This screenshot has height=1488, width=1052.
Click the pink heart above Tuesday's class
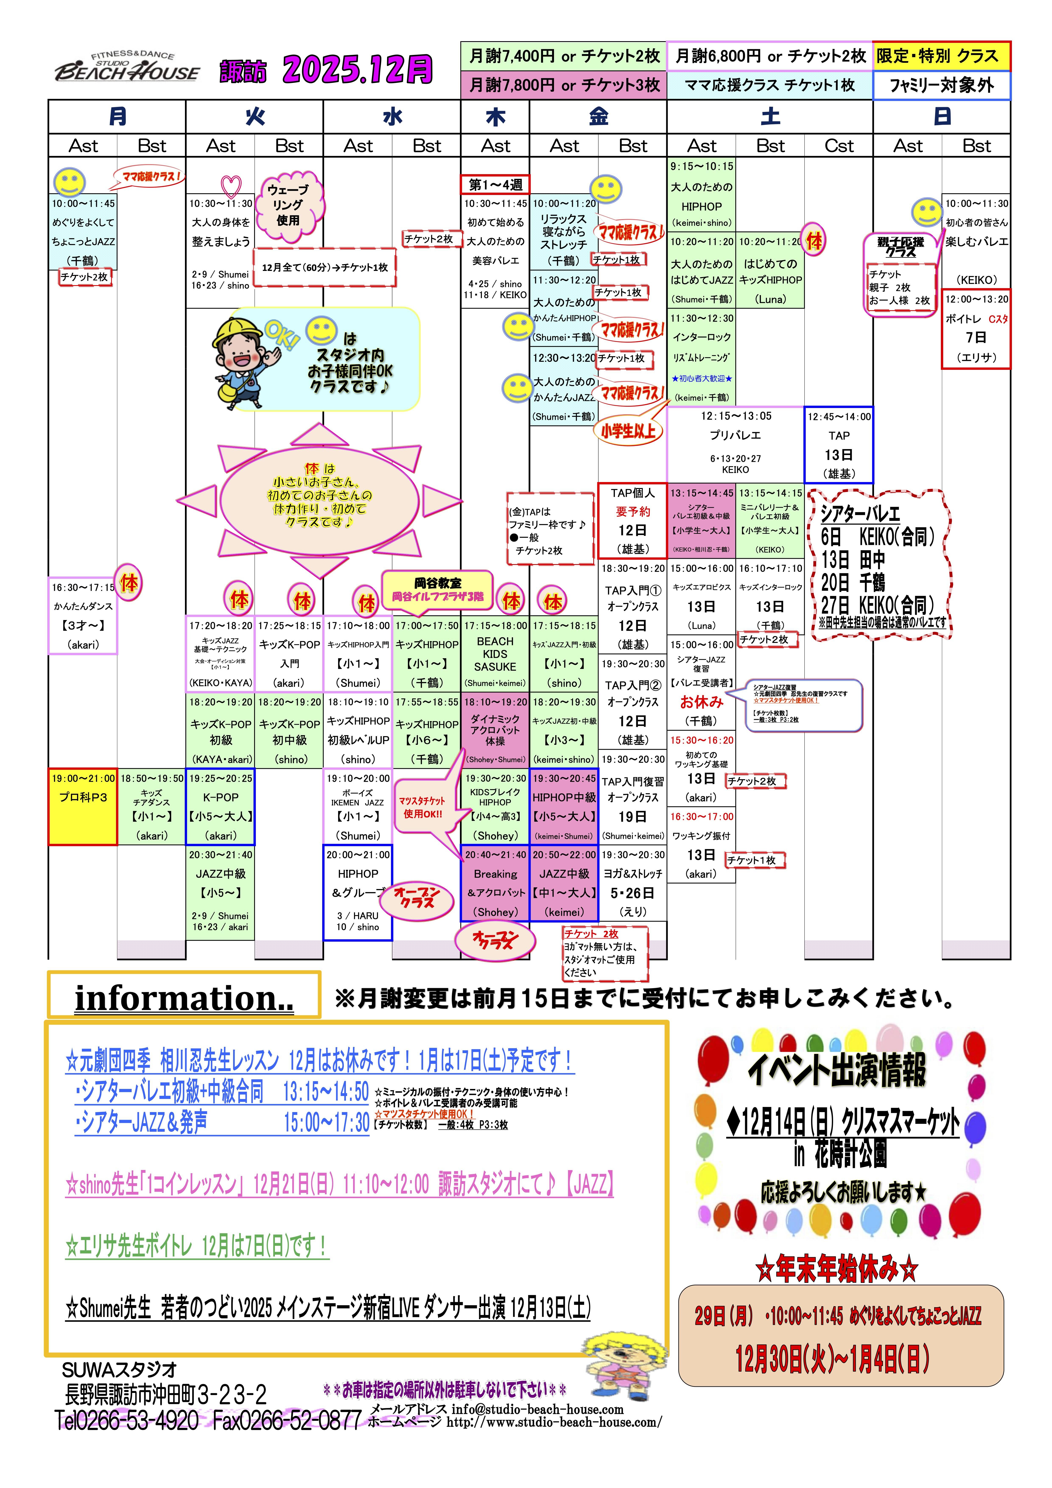click(231, 186)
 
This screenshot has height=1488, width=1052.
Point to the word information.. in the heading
click(184, 998)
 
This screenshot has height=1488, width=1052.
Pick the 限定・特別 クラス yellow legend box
click(941, 56)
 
